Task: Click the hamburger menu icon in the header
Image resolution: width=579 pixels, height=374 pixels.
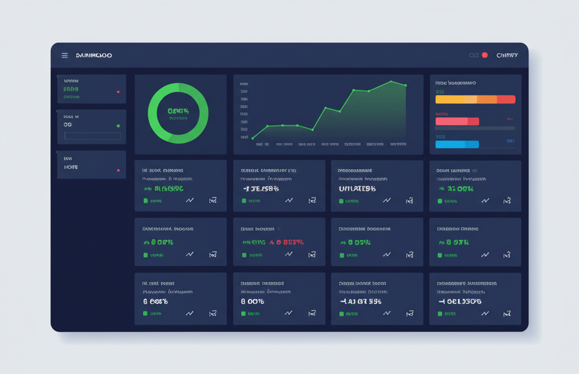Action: point(64,55)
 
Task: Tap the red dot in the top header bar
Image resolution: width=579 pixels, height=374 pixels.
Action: point(485,55)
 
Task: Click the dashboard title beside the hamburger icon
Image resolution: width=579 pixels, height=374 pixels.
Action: point(94,55)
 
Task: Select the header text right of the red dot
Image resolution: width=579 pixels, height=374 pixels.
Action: point(507,55)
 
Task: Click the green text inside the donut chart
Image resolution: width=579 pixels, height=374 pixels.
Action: point(178,111)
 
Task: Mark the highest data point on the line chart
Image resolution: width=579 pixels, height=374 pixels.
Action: point(391,81)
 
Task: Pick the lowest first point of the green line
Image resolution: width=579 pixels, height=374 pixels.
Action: point(253,137)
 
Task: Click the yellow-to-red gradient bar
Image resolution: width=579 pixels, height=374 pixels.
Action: point(475,100)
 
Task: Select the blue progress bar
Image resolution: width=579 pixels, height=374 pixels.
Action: point(457,144)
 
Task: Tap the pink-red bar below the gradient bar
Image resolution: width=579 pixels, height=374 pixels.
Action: point(457,121)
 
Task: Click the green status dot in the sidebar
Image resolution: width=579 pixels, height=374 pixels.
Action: point(118,126)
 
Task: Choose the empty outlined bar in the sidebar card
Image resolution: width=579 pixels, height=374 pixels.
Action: point(93,136)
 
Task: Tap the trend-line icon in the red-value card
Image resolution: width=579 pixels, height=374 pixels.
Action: point(289,255)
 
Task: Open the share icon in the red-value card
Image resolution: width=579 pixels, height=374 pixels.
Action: point(311,255)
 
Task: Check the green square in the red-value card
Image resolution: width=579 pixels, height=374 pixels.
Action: point(244,255)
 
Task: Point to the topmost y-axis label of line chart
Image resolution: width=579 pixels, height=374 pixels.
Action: point(244,83)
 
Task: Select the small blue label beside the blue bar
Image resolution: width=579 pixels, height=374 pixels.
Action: point(510,140)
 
